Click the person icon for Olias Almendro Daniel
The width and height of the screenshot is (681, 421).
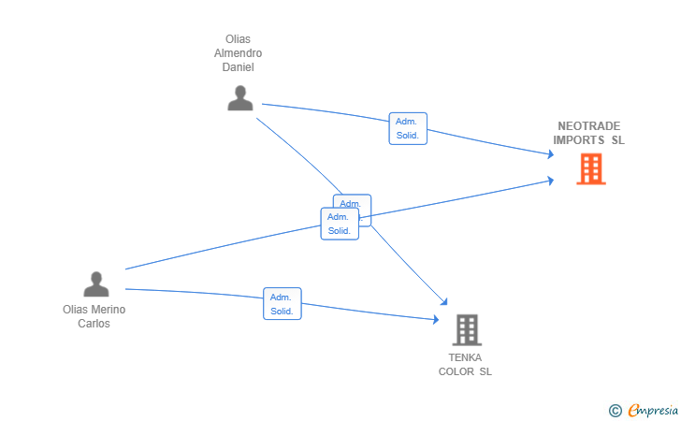coord(240,98)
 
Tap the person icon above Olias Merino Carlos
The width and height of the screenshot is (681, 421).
coord(95,283)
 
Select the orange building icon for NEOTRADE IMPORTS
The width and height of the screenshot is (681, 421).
coord(590,169)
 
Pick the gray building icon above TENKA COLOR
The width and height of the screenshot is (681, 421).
coord(466,329)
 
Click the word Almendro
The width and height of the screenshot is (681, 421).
coord(239,53)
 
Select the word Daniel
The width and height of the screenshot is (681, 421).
coord(239,67)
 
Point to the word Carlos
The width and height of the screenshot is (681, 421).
coord(94,324)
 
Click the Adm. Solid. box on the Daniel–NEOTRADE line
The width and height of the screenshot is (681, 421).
coord(408,128)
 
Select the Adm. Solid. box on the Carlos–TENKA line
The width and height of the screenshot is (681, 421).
coord(282,304)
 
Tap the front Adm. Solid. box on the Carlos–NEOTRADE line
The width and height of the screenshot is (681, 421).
coord(339,224)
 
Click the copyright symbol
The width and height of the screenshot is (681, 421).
coord(615,410)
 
